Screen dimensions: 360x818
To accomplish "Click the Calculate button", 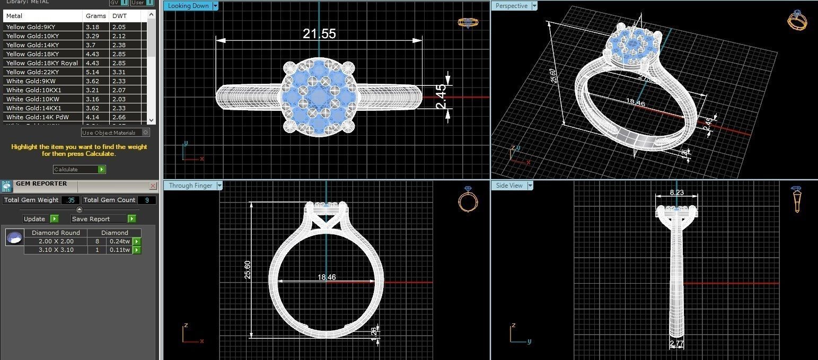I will click(79, 169).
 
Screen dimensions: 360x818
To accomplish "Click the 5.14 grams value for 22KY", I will click(92, 72).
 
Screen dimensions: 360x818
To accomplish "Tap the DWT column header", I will click(119, 16).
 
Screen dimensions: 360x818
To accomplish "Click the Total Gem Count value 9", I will click(146, 200).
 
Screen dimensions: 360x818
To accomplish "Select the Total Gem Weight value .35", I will click(71, 200).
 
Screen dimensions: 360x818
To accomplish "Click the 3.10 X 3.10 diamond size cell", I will click(56, 250).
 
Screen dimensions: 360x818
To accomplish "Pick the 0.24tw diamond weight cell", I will click(119, 241).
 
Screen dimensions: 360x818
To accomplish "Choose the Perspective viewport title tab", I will click(511, 6).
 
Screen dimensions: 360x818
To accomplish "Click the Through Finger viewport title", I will click(190, 186).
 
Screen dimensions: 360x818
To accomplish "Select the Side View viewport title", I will click(509, 186).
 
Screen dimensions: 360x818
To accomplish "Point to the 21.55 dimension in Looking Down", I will click(319, 33).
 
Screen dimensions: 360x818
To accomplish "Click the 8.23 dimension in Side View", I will click(676, 192).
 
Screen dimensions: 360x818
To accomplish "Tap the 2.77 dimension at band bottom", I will click(676, 344).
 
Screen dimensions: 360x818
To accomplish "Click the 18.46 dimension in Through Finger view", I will click(327, 277).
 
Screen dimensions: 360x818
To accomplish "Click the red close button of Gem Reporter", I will click(153, 186).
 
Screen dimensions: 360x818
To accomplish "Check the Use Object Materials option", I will click(146, 133).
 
